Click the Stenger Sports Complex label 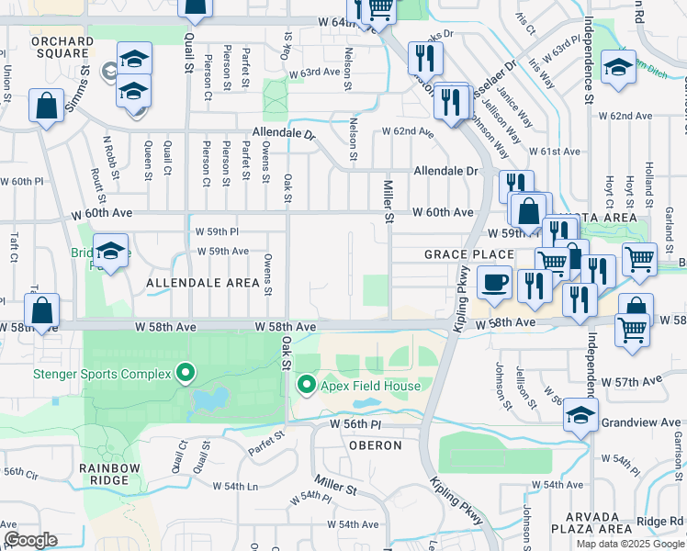102,373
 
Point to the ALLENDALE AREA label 203,284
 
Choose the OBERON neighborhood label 375,445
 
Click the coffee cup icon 494,282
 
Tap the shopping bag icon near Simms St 47,106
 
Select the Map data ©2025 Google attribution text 629,544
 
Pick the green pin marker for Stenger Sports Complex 186,373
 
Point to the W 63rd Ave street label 315,72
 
